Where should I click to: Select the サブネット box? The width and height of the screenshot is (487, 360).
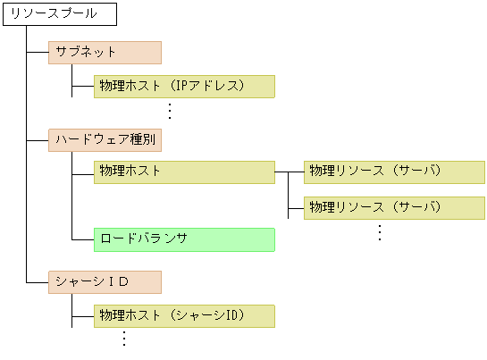point(105,52)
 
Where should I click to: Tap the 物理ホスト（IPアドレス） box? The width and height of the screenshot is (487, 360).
point(183,86)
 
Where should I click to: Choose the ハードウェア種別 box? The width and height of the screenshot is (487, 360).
point(105,139)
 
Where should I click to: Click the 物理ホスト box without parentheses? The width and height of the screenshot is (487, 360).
point(183,172)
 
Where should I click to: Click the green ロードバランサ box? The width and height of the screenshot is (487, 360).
point(183,239)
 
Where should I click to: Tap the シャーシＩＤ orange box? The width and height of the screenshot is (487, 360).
point(105,282)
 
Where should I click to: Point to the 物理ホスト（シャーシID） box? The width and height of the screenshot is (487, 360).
point(183,315)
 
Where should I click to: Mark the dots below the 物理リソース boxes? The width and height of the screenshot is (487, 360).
point(379,232)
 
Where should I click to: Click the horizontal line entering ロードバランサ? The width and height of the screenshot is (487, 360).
point(82,239)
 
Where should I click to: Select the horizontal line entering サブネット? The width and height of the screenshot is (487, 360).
point(38,52)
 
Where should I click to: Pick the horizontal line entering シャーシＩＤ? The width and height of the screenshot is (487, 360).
point(38,282)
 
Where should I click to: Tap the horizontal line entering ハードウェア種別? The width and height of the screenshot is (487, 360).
point(38,139)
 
